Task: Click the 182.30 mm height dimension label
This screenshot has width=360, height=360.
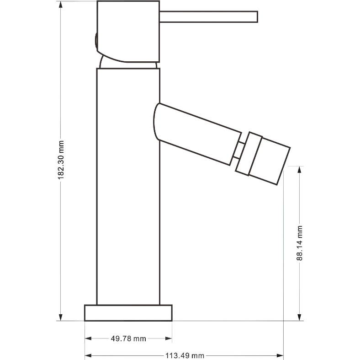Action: [61, 160]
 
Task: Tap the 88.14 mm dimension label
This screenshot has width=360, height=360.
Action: [299, 243]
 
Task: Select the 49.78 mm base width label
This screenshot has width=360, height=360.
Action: [128, 339]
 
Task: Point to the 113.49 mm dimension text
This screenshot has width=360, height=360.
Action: [185, 356]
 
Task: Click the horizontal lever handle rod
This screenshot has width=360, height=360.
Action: [208, 17]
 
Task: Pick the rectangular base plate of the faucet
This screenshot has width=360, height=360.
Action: [128, 313]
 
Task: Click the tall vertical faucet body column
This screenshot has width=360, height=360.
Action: [128, 187]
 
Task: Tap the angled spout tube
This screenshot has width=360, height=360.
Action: [197, 134]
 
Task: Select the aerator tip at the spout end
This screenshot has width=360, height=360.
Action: [270, 161]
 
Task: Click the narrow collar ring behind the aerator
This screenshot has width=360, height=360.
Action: [249, 154]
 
